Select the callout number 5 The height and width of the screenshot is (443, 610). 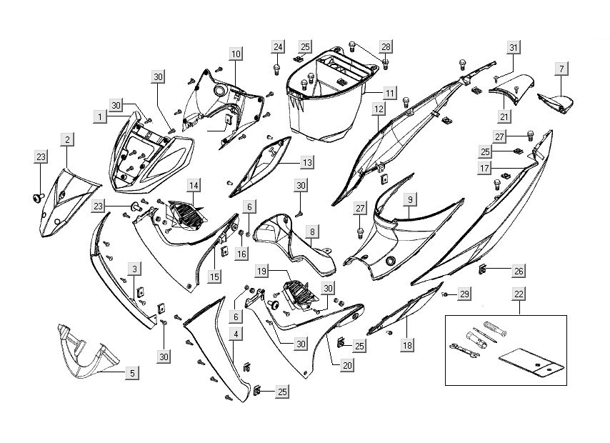click(132, 372)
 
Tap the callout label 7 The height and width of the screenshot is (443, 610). click(562, 69)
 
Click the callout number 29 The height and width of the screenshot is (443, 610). click(464, 294)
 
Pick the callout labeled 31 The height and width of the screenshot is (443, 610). click(513, 47)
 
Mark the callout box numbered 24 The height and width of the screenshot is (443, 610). click(277, 47)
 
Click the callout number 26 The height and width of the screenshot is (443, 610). click(519, 270)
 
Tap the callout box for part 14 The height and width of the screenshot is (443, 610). click(194, 185)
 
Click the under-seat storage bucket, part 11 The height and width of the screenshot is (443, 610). click(325, 100)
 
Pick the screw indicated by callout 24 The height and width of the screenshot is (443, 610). click(276, 69)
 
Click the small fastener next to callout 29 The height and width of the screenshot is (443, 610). click(444, 294)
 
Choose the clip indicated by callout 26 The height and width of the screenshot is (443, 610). click(484, 269)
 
